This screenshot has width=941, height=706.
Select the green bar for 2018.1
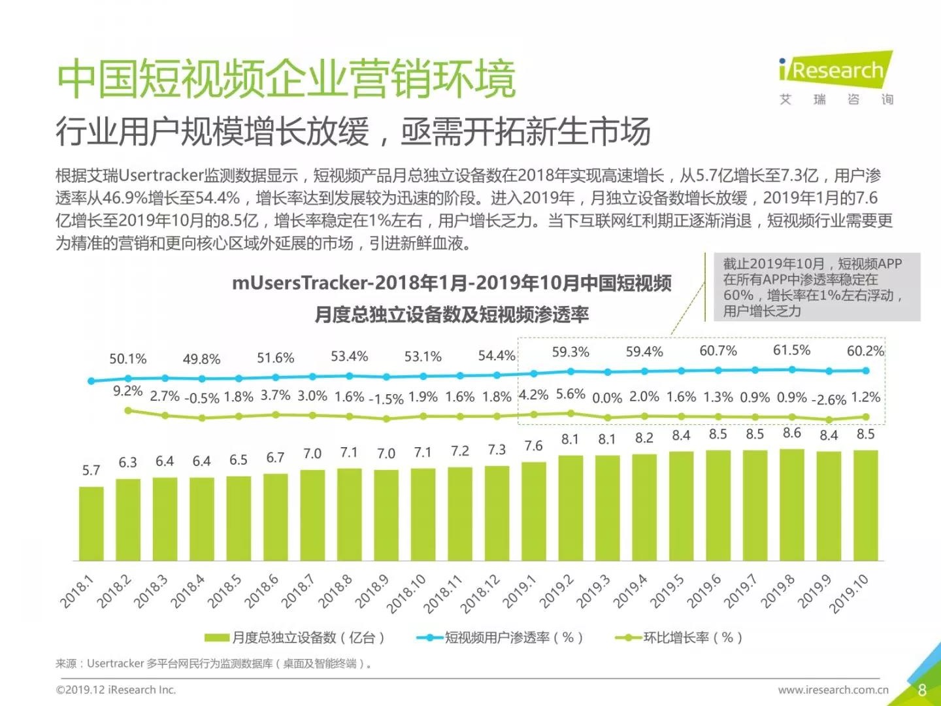point(91,523)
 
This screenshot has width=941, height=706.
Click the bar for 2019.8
point(792,504)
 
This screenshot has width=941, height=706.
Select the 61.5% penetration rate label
point(791,350)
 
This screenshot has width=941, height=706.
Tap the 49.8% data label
point(201,359)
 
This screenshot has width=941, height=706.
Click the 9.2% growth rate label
point(127,391)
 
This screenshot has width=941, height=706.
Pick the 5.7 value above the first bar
point(91,470)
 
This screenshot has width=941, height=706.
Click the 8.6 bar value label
point(792,433)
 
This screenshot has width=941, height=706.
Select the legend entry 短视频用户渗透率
point(500,637)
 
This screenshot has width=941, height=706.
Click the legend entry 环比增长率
point(680,637)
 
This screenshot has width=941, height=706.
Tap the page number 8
point(922,690)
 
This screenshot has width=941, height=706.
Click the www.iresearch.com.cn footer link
point(833,690)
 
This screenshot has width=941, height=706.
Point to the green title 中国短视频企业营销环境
point(286,79)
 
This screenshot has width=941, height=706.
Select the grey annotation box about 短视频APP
point(813,287)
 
